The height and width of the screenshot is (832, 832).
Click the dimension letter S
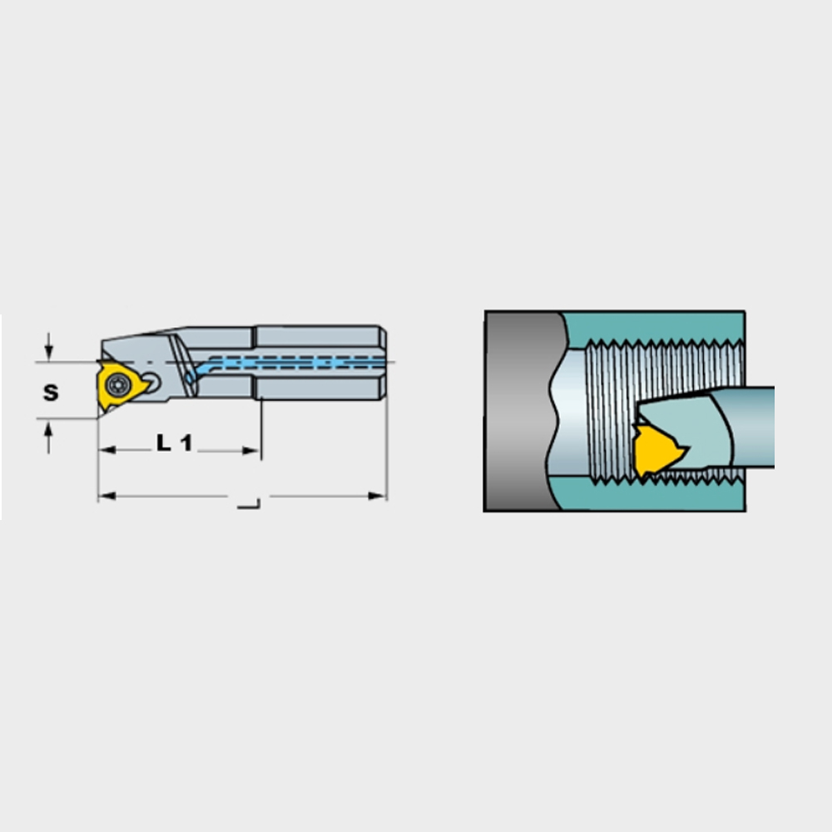[x=51, y=393]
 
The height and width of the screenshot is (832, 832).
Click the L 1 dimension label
[x=174, y=443]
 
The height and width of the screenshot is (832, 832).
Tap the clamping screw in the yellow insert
[x=116, y=384]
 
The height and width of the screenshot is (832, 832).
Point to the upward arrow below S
[x=49, y=438]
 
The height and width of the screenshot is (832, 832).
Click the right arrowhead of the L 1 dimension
[x=251, y=450]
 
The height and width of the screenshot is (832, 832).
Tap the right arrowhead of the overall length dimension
[x=377, y=496]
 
